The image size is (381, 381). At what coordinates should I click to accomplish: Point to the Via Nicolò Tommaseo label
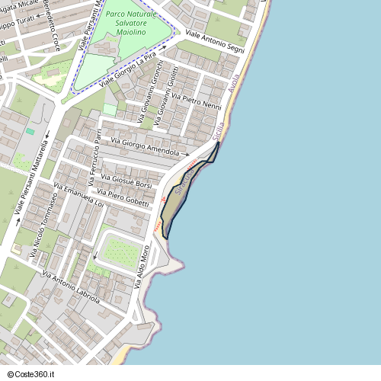[x=44, y=226]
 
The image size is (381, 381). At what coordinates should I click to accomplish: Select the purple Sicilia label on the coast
[x=220, y=126]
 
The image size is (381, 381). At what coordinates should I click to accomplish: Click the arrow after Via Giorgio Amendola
[x=187, y=154]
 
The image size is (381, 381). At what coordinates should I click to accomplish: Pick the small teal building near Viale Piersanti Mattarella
[x=30, y=132]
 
